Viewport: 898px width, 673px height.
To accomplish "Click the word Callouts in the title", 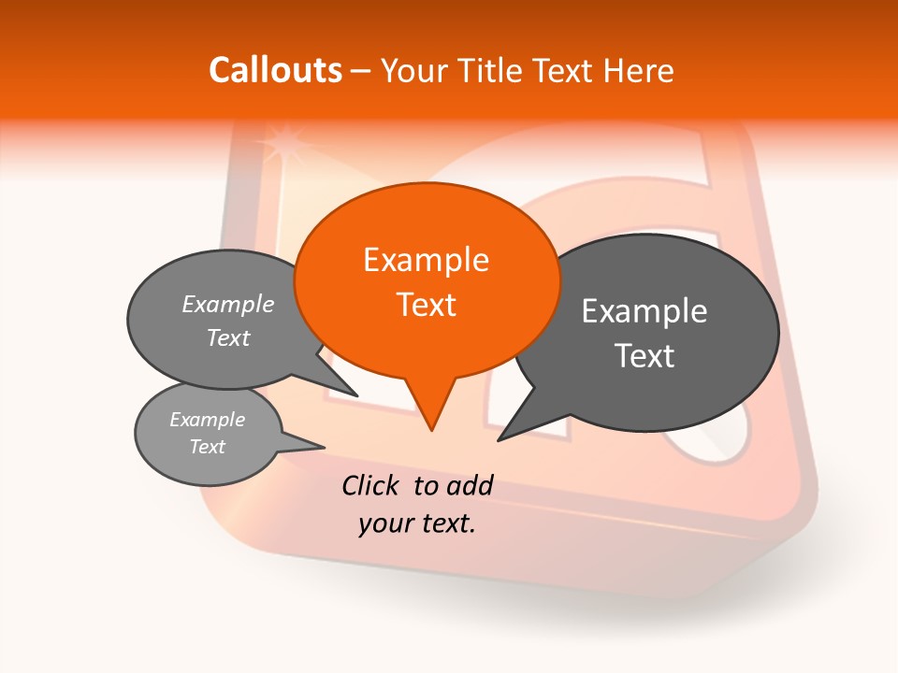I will (275, 70).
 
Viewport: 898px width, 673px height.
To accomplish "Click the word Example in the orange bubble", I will (426, 260).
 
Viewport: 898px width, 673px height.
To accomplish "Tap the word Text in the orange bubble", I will (426, 305).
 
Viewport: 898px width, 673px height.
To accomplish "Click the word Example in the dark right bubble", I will (645, 311).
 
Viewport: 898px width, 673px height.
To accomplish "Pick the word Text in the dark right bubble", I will (645, 356).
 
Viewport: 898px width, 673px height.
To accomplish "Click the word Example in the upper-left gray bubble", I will (228, 304).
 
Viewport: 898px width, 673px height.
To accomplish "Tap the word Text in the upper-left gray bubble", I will (228, 337).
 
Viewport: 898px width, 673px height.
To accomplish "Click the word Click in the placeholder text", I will (372, 485).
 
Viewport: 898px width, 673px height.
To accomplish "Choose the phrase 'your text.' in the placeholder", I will (417, 523).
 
